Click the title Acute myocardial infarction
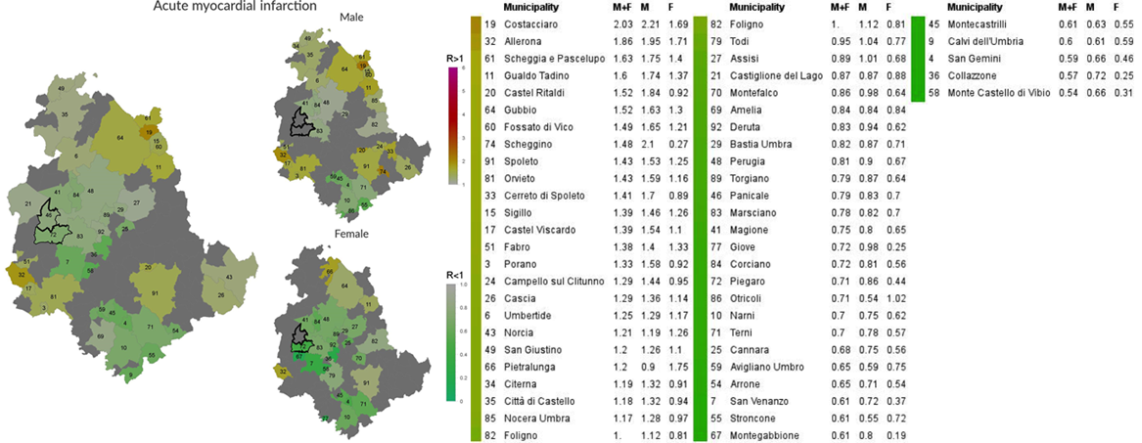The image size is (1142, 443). pyautogui.click(x=235, y=7)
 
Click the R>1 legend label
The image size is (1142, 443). pyautogui.click(x=453, y=60)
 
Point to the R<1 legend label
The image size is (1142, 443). pyautogui.click(x=453, y=275)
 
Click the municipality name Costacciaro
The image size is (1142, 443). pyautogui.click(x=537, y=22)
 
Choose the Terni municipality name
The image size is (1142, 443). pyautogui.click(x=741, y=332)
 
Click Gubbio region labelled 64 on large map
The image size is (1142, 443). pyautogui.click(x=119, y=139)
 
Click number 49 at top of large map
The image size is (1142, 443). pyautogui.click(x=63, y=89)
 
